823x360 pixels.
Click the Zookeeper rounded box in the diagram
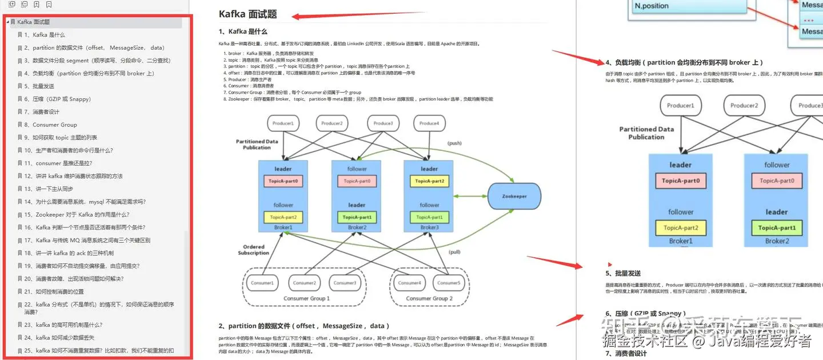pos(514,196)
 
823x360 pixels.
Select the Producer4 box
pos(429,123)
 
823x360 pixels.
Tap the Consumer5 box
pos(449,282)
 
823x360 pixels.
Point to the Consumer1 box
pos(263,282)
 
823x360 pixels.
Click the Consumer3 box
pos(345,282)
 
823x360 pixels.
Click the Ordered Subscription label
pos(253,250)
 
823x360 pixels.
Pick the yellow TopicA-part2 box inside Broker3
pos(429,181)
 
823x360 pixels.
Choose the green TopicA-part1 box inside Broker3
pos(429,217)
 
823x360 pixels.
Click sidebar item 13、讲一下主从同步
pos(49,189)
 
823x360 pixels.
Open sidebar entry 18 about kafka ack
pos(69,253)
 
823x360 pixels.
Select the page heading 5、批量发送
pos(623,273)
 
